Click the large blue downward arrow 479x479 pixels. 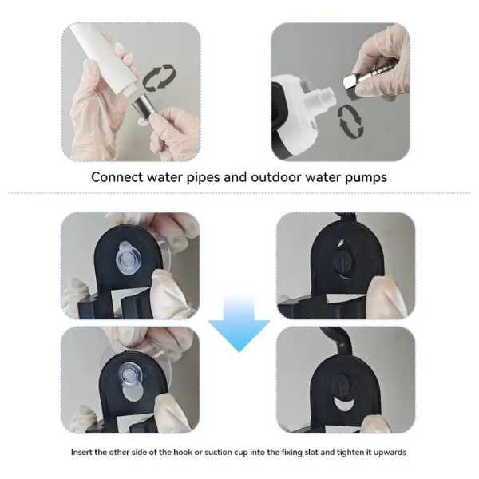click(x=239, y=324)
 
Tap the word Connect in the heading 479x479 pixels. click(x=117, y=177)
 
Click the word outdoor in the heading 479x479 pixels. click(x=276, y=177)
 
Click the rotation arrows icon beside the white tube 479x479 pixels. click(x=160, y=77)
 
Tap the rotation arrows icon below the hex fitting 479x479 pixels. click(x=350, y=121)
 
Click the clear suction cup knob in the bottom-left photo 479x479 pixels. click(x=130, y=374)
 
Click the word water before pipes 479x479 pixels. click(x=164, y=177)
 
